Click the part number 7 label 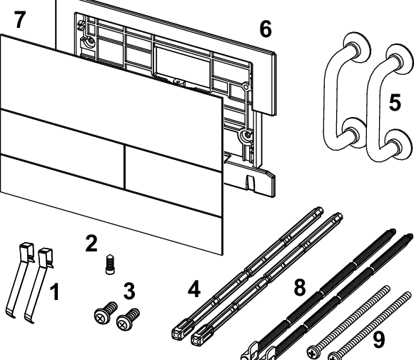coord(20,19)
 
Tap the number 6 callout coord(266,29)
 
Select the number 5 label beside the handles coord(395,102)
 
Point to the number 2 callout coord(91,244)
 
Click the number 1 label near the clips coord(55,292)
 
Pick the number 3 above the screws coord(129,291)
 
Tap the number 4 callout coord(194,289)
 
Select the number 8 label coord(300,287)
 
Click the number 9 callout coord(379,340)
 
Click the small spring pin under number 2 coord(109,264)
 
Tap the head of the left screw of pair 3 coord(101,316)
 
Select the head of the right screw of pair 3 coord(123,323)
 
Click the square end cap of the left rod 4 coord(180,330)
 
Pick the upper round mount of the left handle coord(356,47)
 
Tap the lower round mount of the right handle coord(398,144)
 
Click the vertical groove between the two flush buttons coord(123,166)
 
